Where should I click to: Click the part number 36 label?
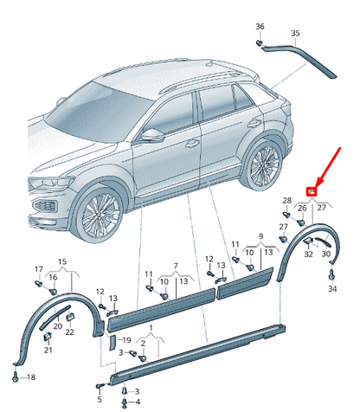pos(260,27)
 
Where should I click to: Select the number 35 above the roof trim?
pos(295,34)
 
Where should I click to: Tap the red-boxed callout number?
pos(312,191)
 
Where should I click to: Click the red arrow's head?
pos(318,183)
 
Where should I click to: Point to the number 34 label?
pos(332,288)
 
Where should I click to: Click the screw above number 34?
pos(332,274)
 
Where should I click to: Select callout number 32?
pos(308,254)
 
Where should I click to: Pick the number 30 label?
pos(326,254)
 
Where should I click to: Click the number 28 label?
pos(287,200)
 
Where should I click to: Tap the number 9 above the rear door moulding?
pos(260,236)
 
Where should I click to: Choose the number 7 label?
pos(176,266)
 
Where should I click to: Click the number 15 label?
pos(62,261)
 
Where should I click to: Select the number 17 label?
pos(39,269)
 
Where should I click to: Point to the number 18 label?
pos(31,377)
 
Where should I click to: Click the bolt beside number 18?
pos(16,377)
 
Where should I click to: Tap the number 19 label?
pos(126,340)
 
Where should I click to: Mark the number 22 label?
pos(69,332)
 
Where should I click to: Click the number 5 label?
pos(100,399)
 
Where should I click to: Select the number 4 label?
pos(138,402)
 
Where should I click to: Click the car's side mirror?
pos(152,135)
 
